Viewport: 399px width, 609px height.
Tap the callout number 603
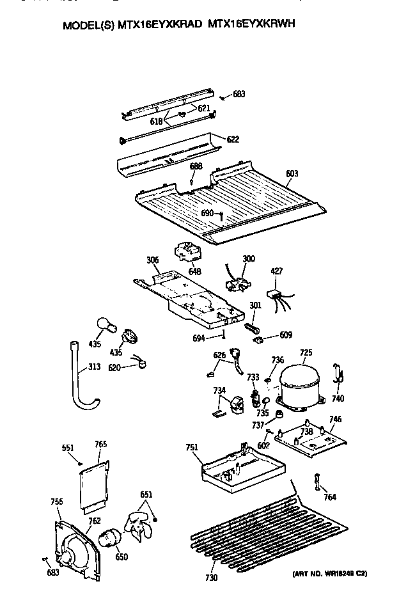(x=292, y=173)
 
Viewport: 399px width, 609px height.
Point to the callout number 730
(x=211, y=578)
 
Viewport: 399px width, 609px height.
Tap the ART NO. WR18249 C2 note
(x=332, y=573)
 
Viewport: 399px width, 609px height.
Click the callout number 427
(x=276, y=271)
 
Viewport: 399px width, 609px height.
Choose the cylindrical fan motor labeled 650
(x=112, y=538)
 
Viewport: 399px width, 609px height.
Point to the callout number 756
(x=57, y=502)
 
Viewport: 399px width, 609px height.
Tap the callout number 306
(x=152, y=260)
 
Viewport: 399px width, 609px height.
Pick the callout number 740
(x=338, y=398)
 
